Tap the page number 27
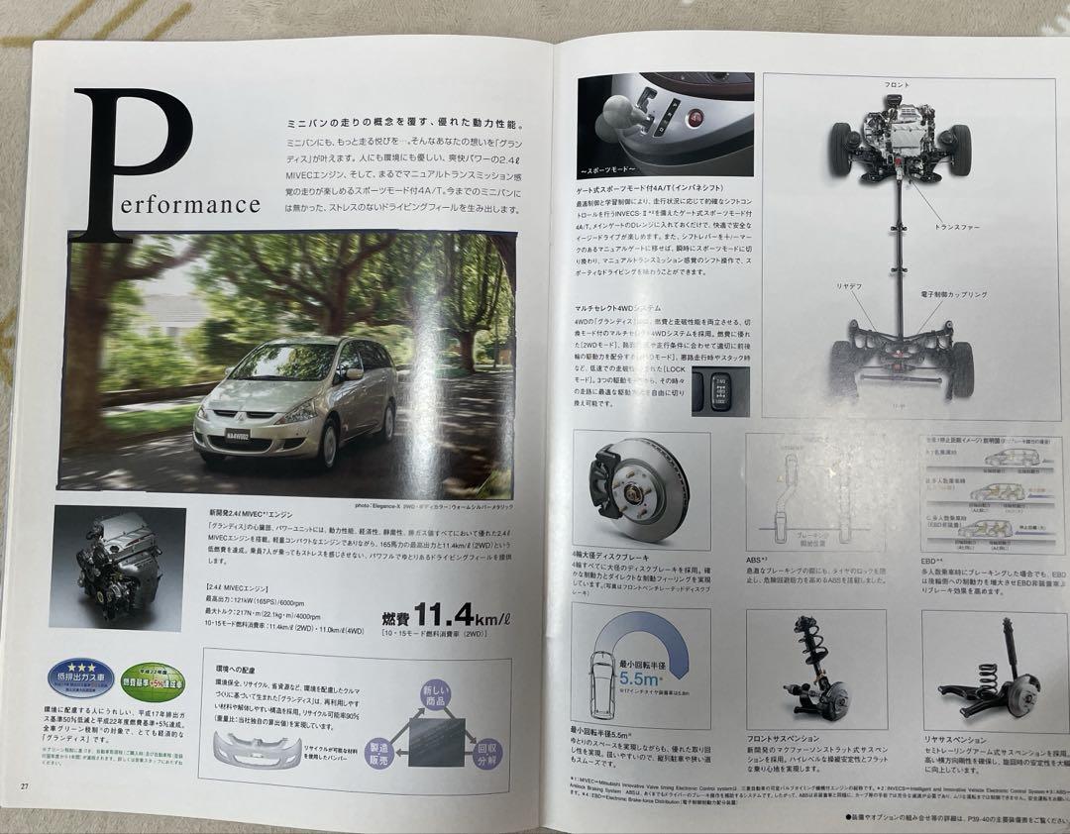(x=24, y=785)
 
